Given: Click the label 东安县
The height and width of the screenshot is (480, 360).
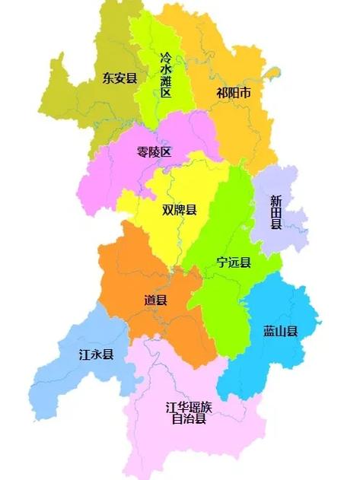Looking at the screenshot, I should [x=119, y=77].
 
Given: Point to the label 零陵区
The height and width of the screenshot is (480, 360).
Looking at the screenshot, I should [x=155, y=152].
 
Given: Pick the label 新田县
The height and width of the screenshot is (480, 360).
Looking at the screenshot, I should [x=276, y=212].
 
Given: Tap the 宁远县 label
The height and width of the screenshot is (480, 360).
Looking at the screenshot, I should [x=234, y=263].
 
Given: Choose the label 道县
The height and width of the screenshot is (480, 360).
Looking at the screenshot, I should [x=155, y=300].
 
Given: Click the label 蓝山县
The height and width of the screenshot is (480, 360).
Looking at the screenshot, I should [x=280, y=331].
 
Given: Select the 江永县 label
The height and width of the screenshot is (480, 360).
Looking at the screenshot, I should [x=97, y=354].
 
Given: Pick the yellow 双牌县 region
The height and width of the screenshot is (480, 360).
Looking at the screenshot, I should [x=164, y=236].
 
